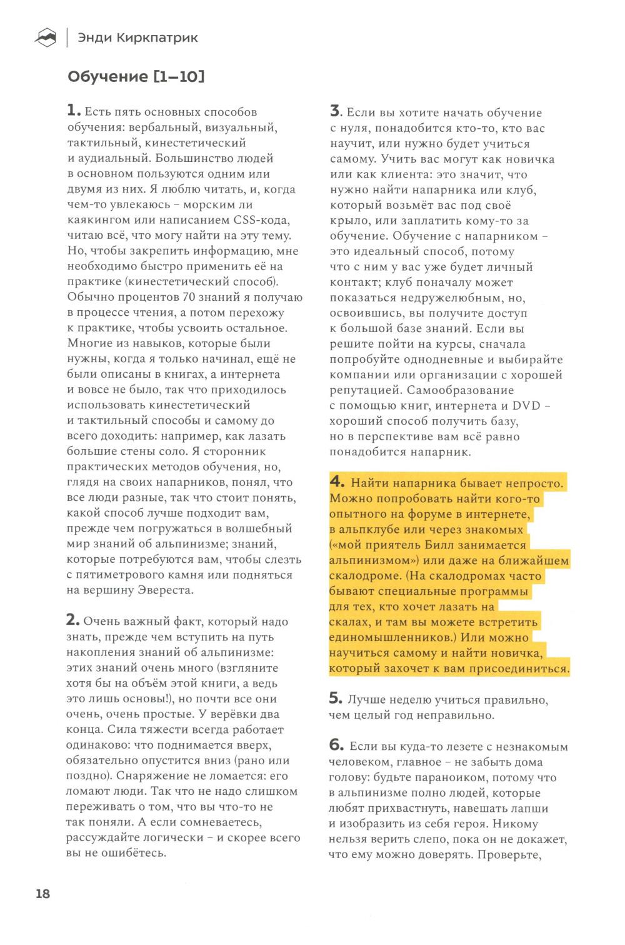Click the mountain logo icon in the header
(45, 39)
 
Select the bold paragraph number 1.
(73, 111)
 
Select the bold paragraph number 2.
(73, 620)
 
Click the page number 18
(42, 893)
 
